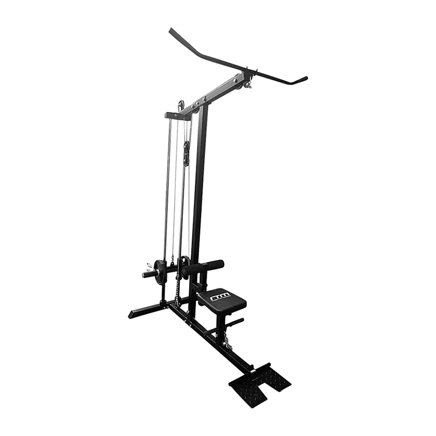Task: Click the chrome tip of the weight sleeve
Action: pyautogui.click(x=143, y=275)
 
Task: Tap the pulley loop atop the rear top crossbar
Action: pyautogui.click(x=180, y=106)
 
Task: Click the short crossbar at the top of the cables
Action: pyautogui.click(x=177, y=116)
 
